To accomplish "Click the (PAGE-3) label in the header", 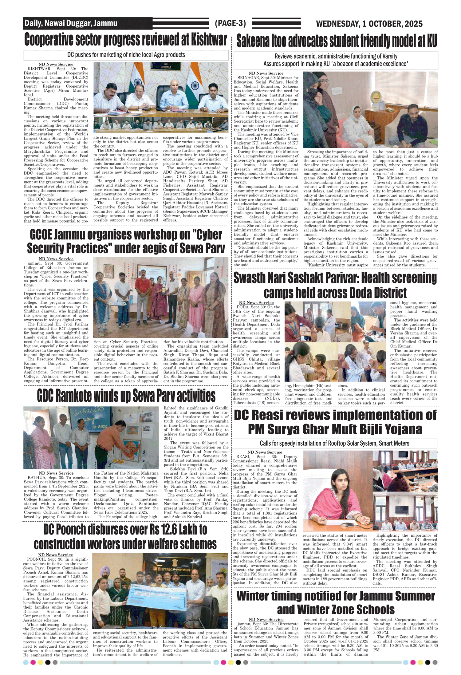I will tap(230, 23).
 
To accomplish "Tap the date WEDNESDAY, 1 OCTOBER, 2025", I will tap(369, 24).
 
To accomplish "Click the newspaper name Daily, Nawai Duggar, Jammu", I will tap(71, 23).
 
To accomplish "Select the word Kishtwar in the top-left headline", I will tap(209, 40).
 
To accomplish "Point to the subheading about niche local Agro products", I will tap(126, 55).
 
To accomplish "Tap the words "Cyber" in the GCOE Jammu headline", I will tap(207, 235).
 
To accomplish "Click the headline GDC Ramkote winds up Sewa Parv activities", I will tap(126, 396).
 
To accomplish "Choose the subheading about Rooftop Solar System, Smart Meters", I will tap(334, 443).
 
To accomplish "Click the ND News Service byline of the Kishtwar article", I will tap(56, 64).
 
